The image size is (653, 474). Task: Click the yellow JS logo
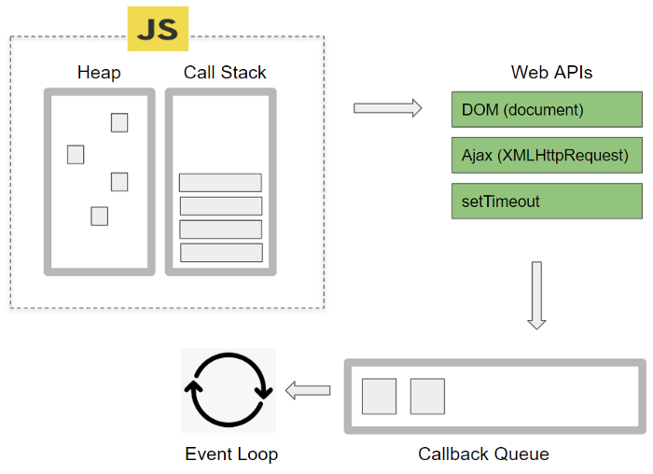(x=158, y=29)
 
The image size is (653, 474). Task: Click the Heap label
(x=99, y=72)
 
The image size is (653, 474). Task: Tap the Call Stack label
(x=225, y=72)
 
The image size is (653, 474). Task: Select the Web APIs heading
(x=551, y=72)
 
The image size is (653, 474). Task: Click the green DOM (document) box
(x=547, y=109)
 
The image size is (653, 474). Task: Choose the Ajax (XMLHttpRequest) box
(x=547, y=155)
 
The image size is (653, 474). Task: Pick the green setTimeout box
(x=547, y=201)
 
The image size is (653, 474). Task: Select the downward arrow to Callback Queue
(x=536, y=295)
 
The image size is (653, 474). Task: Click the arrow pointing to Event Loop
(x=308, y=390)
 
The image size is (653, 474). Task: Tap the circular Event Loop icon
(x=229, y=390)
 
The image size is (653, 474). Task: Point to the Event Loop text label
(x=231, y=454)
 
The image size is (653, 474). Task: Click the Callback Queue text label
(x=483, y=454)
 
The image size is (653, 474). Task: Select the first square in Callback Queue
(x=380, y=396)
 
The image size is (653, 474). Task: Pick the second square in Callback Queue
(x=427, y=396)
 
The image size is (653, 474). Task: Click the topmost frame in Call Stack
(x=220, y=183)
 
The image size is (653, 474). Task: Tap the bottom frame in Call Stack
(x=221, y=252)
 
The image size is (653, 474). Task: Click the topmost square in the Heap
(x=119, y=122)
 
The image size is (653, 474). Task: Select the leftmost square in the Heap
(x=76, y=154)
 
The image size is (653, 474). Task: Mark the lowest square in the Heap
(x=99, y=216)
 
